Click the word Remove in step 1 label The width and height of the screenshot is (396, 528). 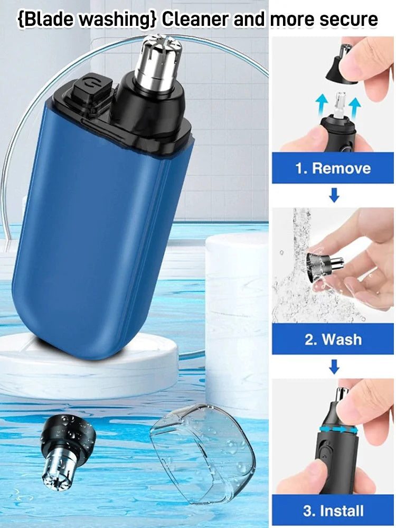pyautogui.click(x=341, y=169)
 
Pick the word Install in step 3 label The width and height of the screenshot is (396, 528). pyautogui.click(x=341, y=511)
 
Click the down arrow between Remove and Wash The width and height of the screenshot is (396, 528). pyautogui.click(x=334, y=196)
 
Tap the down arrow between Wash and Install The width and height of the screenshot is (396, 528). pyautogui.click(x=334, y=366)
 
